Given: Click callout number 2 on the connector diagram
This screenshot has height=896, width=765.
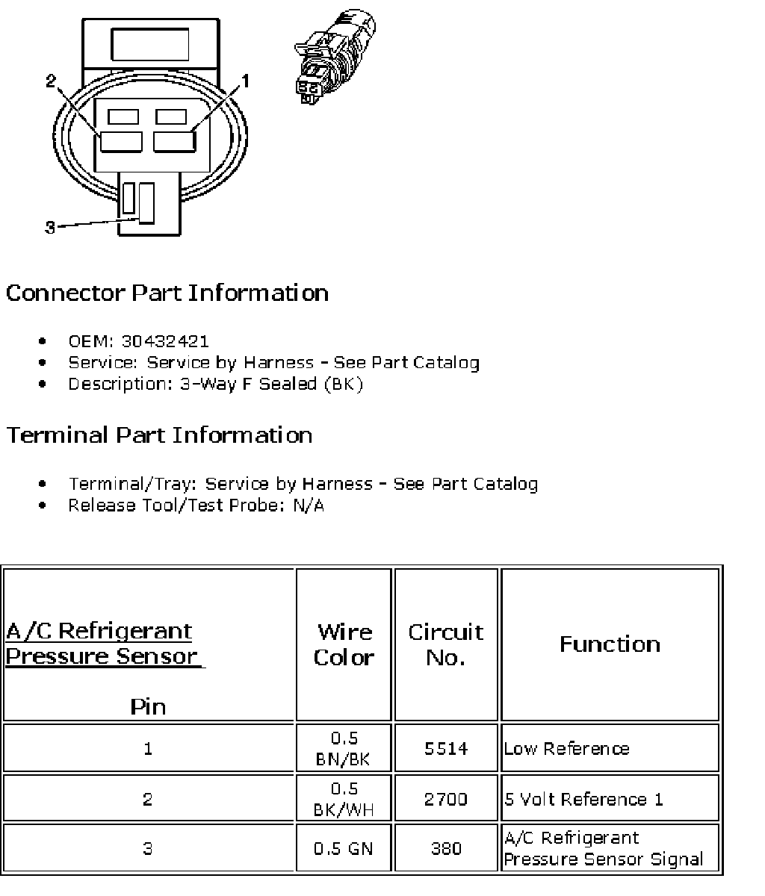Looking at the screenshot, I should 51,81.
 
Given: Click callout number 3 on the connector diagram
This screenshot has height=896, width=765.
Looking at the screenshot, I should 50,228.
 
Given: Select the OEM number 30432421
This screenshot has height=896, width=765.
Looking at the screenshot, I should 166,341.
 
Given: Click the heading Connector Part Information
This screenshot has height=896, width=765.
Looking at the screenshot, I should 167,293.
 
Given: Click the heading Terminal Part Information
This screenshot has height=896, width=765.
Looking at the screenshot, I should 159,435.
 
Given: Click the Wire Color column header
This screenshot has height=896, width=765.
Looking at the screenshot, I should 344,644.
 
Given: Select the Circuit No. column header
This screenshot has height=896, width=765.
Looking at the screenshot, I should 446,644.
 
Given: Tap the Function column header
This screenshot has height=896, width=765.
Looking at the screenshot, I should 610,644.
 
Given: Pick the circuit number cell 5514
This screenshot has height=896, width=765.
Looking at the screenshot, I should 446,748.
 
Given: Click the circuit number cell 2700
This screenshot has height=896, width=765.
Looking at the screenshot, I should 446,799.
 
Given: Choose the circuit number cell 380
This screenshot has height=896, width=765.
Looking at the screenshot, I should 446,848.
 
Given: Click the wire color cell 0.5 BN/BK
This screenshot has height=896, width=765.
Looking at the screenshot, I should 344,748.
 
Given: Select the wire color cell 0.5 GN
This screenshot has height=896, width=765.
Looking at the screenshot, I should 344,848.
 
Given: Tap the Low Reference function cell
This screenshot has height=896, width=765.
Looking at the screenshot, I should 567,748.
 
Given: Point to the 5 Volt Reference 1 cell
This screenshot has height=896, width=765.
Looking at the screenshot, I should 583,799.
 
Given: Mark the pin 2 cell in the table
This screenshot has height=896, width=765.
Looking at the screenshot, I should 148,799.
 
